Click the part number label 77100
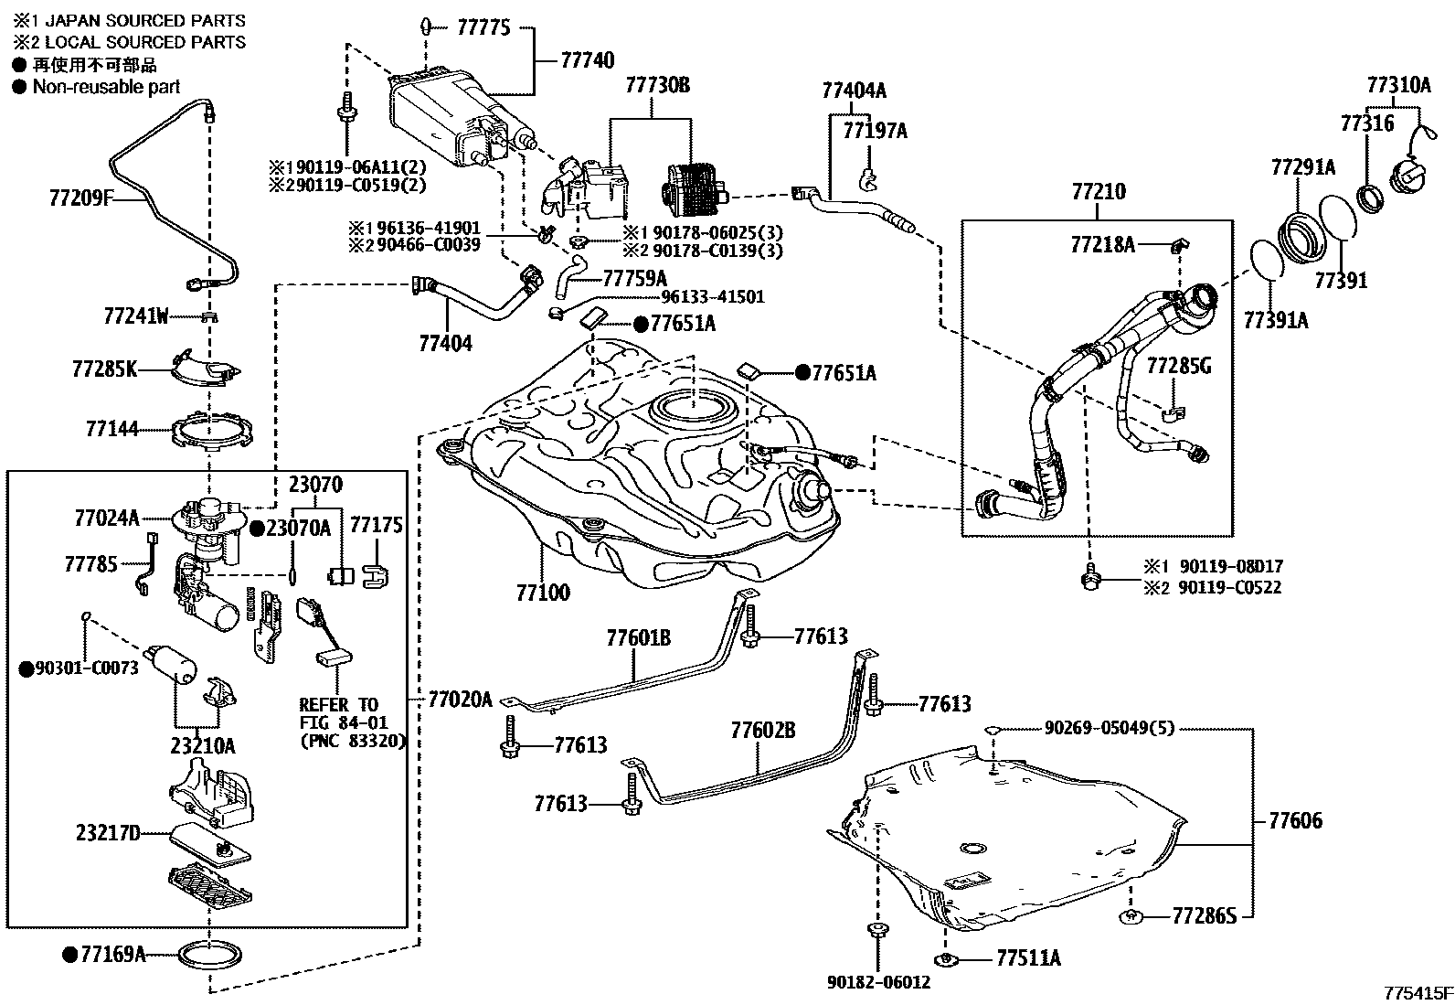543,593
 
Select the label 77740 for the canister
587,61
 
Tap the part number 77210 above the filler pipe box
1099,193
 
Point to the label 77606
1295,820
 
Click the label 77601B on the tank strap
638,637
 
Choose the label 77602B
762,731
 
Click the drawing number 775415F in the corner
1417,993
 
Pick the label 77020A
461,700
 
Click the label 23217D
108,834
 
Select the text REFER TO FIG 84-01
339,713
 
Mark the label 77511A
1028,958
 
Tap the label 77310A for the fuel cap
1398,85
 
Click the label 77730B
657,86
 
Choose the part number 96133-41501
714,297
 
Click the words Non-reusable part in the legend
106,87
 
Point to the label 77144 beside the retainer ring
112,428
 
